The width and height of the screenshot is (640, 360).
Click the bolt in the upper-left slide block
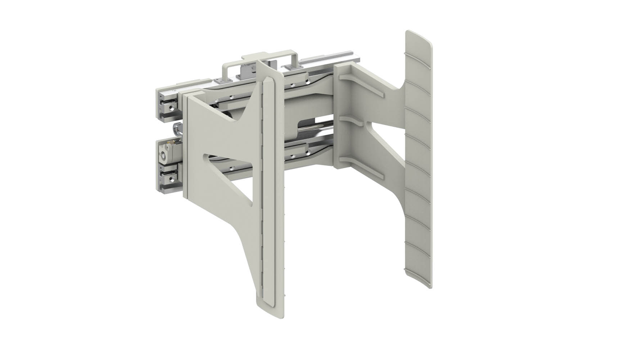(x=172, y=107)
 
